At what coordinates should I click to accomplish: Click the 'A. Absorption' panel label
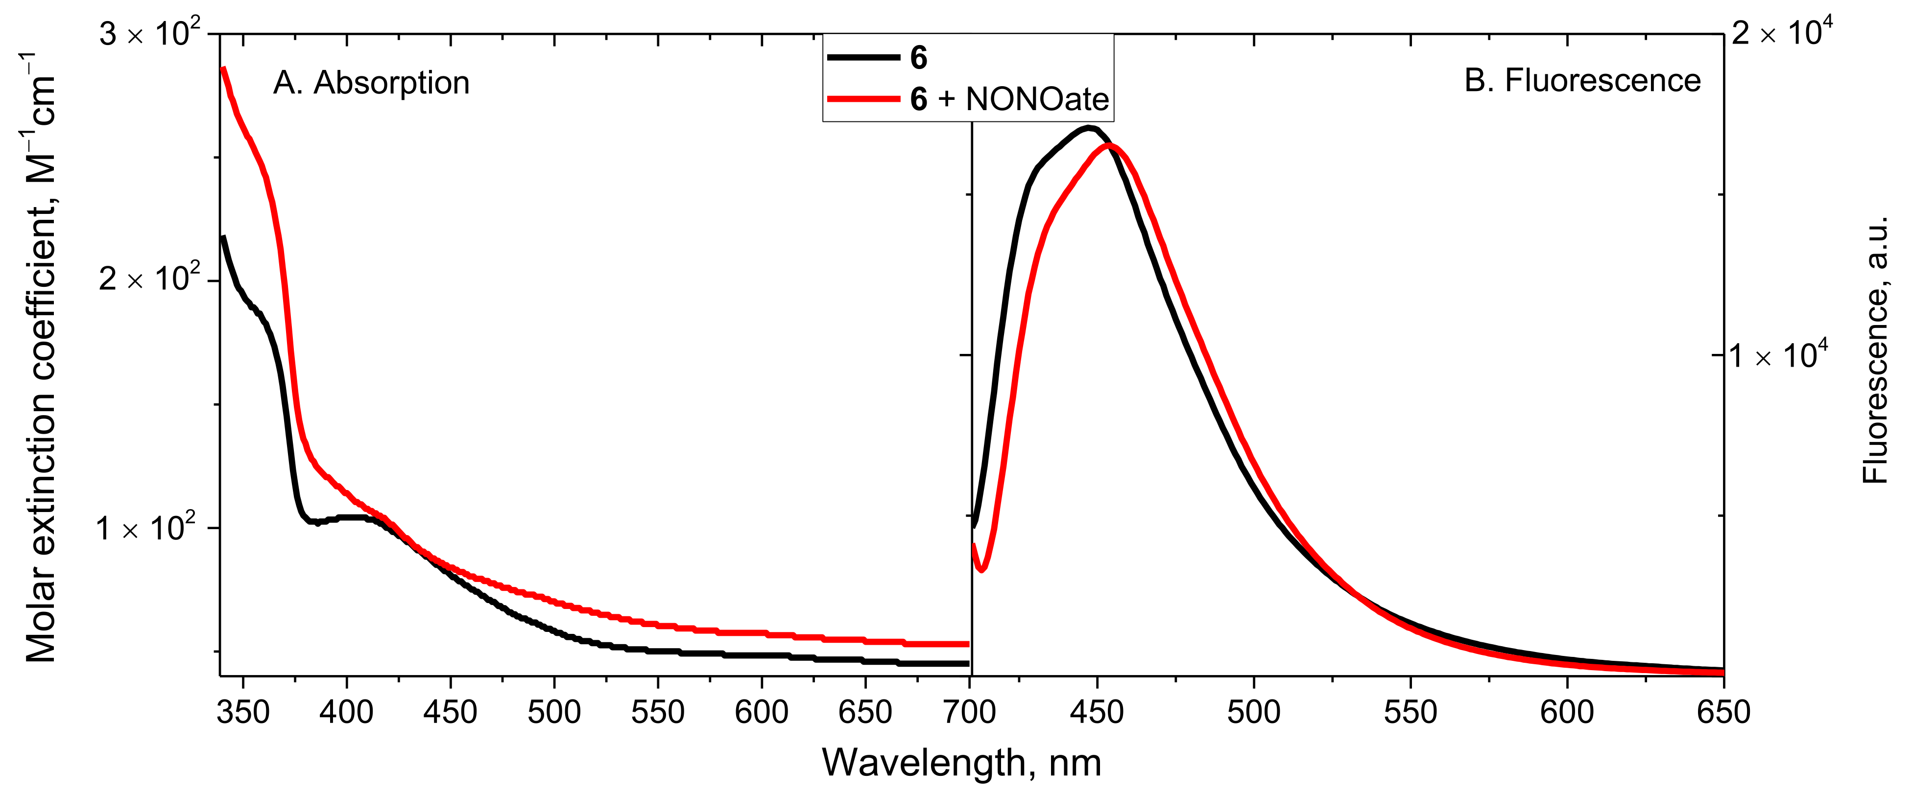371,82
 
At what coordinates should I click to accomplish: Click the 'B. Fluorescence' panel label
1582,80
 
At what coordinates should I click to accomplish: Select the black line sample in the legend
863,57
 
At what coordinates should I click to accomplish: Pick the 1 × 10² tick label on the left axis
147,528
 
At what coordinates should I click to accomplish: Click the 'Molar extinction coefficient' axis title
41,356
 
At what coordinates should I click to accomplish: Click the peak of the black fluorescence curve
1089,128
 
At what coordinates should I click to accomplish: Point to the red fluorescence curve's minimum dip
982,569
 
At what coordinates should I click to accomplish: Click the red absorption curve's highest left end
223,69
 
